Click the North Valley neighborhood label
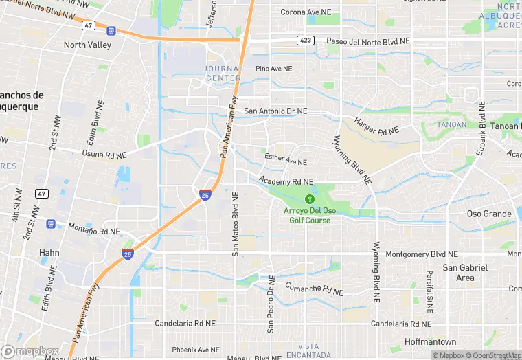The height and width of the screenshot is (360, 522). (x=87, y=45)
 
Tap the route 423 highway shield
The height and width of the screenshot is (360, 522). (x=306, y=41)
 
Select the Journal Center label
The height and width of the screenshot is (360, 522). (x=223, y=73)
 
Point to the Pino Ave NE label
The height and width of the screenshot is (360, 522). (x=273, y=69)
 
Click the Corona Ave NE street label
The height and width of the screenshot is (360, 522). (x=306, y=12)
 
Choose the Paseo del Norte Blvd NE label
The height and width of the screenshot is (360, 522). (x=367, y=41)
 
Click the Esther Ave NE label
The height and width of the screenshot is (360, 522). (x=286, y=160)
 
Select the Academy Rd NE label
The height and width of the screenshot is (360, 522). (x=286, y=181)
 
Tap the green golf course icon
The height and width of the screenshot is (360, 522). (x=308, y=199)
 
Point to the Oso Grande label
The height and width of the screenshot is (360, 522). (x=489, y=214)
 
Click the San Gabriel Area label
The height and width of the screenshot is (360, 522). (x=465, y=273)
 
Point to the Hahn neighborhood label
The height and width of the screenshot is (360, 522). (x=49, y=253)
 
